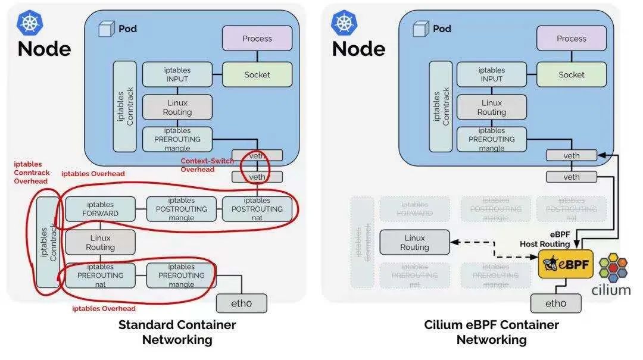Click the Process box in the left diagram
coord(257,38)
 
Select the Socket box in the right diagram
coord(571,74)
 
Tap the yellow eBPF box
coord(566,264)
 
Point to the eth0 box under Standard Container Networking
coord(241,303)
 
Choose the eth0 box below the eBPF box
coord(556,303)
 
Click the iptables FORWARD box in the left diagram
coord(100,209)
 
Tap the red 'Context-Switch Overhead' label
coord(207,165)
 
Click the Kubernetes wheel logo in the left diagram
coord(29,22)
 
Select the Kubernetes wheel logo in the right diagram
coord(344,22)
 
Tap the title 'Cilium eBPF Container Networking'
coord(491,332)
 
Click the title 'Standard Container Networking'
coord(177,332)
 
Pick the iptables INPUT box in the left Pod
coord(177,74)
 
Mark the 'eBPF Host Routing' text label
coord(545,239)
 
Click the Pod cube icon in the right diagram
coord(422,29)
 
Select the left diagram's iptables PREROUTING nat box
coord(100,276)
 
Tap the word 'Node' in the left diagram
coord(44,49)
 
